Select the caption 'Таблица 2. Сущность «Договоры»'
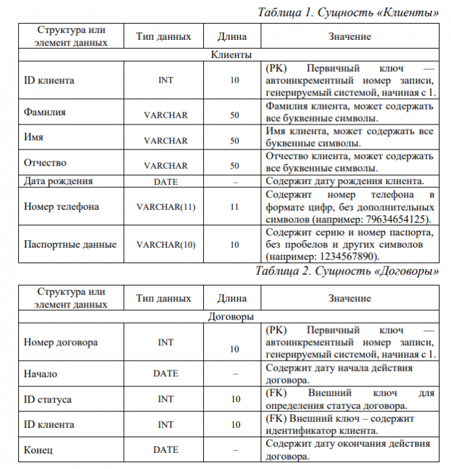[x=347, y=271]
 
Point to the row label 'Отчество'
[x=45, y=162]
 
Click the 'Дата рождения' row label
[x=58, y=181]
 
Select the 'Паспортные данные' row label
[x=70, y=245]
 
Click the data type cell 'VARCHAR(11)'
[x=165, y=207]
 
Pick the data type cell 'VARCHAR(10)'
[x=165, y=245]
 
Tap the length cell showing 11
[x=234, y=207]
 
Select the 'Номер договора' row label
[x=60, y=342]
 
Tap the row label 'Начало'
[x=41, y=374]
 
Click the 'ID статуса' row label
[x=47, y=399]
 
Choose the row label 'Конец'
[x=39, y=449]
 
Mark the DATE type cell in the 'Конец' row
[x=165, y=449]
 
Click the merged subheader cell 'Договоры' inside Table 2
[x=232, y=316]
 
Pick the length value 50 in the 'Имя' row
[x=234, y=141]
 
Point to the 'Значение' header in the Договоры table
[x=349, y=298]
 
